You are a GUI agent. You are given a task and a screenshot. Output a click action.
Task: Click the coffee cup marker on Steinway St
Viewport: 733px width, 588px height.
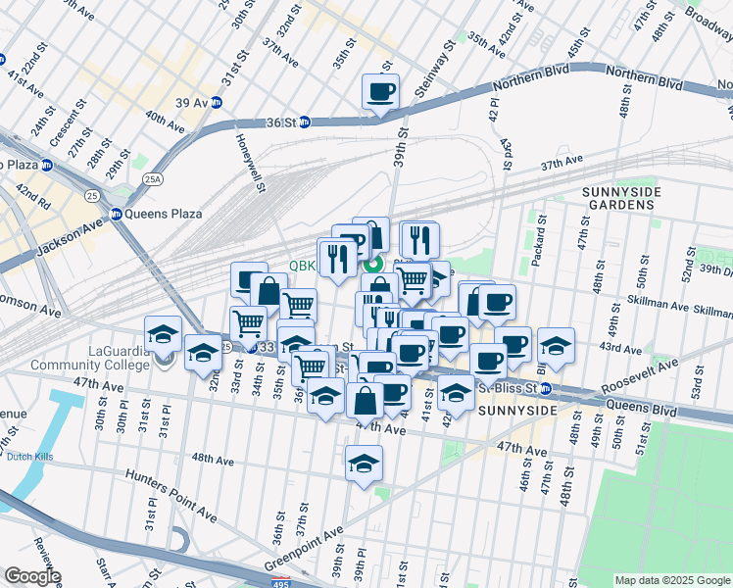pos(379,92)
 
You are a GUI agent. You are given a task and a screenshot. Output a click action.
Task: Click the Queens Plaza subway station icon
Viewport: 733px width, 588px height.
pos(116,214)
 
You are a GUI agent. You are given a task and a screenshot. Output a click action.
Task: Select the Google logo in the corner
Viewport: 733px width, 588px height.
pos(31,577)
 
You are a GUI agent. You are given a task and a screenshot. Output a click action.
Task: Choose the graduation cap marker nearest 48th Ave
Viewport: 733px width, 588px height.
pos(364,463)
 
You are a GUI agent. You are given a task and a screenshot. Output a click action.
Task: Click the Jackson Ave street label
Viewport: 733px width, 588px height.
pos(70,240)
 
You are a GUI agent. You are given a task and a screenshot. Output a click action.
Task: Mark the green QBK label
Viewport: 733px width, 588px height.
pos(302,265)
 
